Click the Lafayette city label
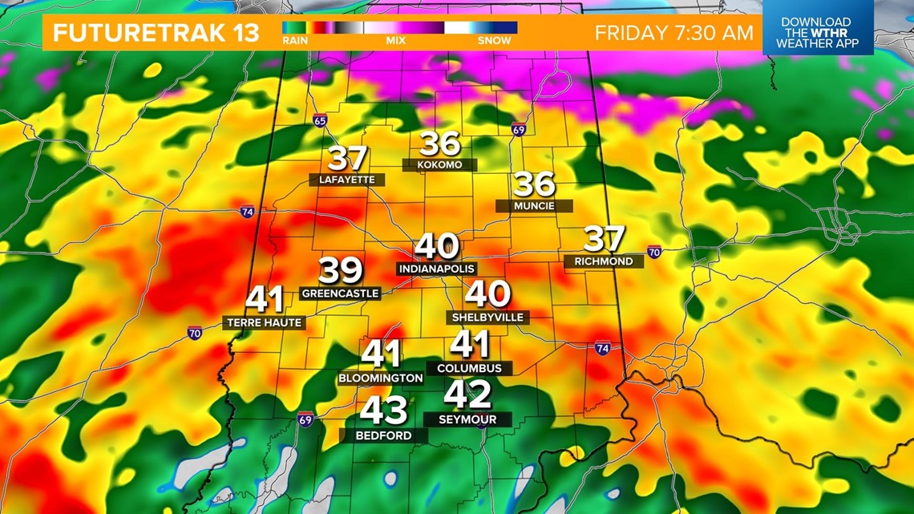[347, 180]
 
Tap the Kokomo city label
[439, 164]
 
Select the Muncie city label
[534, 206]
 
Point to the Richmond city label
[604, 261]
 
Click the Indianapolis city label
[436, 269]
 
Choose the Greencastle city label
[340, 293]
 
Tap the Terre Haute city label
[264, 322]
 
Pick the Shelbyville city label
[487, 318]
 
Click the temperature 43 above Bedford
[383, 411]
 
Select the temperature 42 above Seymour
[467, 395]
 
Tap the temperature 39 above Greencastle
[341, 271]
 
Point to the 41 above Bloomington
[381, 354]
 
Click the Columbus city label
[469, 368]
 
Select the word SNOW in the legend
[494, 40]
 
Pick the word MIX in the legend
[395, 40]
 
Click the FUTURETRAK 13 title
[156, 33]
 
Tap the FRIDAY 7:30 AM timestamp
[673, 33]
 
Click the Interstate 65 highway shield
[321, 121]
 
